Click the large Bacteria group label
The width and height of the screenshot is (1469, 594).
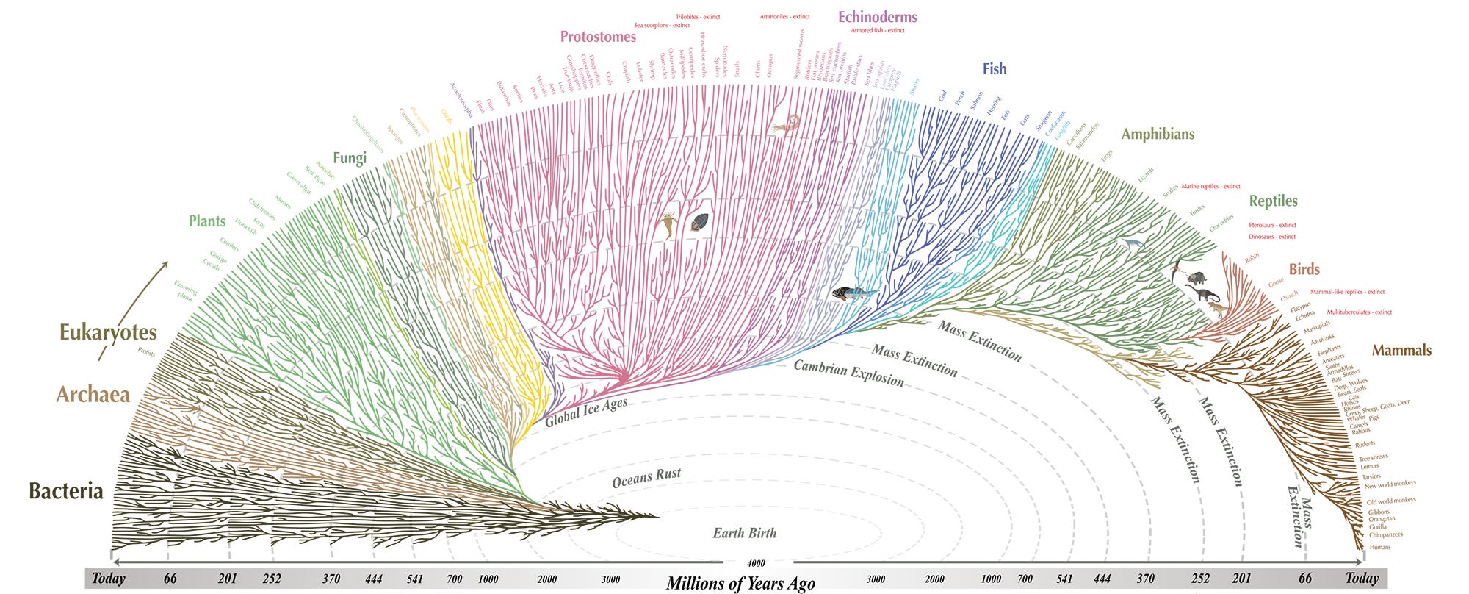[x=66, y=491]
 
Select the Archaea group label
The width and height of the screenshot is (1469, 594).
[x=93, y=395]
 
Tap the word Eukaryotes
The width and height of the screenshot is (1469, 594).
[x=108, y=332]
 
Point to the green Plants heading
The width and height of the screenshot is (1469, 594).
[x=207, y=221]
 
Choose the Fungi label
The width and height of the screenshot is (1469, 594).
[x=350, y=158]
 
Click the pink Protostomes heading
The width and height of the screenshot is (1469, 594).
[x=598, y=37]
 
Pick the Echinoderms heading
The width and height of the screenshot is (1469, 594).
[x=878, y=17]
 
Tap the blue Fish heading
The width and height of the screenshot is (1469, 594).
[x=995, y=69]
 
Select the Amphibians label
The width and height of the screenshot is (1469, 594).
[x=1158, y=134]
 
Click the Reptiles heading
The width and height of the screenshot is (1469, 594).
[x=1273, y=201]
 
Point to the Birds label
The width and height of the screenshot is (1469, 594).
[x=1304, y=269]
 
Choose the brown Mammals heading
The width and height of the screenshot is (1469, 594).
[x=1401, y=351]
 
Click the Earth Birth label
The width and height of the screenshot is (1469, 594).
[x=744, y=533]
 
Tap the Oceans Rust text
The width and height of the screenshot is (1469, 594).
[x=646, y=478]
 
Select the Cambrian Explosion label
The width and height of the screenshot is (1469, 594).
[x=848, y=373]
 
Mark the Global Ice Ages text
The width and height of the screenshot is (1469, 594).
[x=586, y=412]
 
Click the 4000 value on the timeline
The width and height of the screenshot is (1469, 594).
[x=756, y=563]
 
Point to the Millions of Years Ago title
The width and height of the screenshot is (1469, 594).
[x=740, y=584]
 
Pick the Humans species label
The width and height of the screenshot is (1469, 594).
[x=1380, y=547]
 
